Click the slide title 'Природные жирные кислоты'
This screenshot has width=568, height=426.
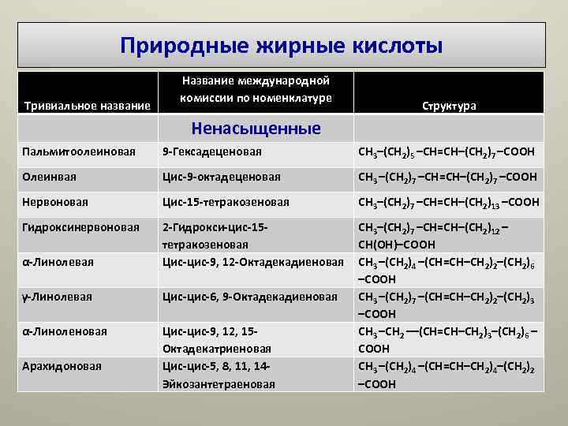(x=282, y=45)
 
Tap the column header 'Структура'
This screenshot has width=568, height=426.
(x=449, y=106)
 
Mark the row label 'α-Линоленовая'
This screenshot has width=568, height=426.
(x=65, y=331)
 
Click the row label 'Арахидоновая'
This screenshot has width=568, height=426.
(x=62, y=366)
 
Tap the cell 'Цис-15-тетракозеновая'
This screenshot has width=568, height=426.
(x=226, y=202)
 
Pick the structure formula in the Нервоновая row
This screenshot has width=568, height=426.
(x=449, y=202)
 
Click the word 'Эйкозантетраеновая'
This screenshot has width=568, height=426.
(x=219, y=384)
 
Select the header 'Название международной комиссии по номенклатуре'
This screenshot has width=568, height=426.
(x=255, y=89)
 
